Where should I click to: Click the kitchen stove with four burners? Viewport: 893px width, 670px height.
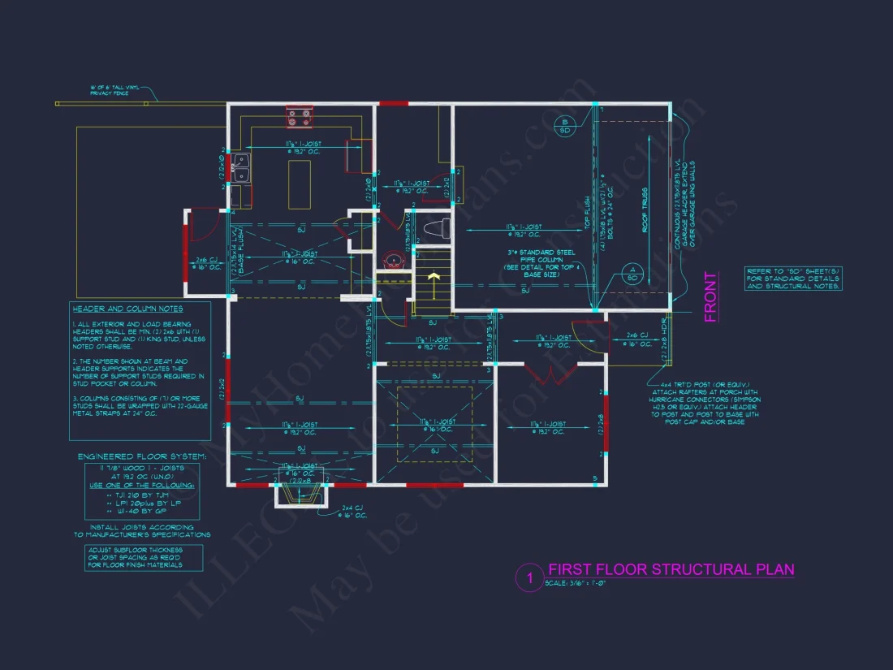point(298,119)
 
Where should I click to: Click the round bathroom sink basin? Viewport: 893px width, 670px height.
point(394,261)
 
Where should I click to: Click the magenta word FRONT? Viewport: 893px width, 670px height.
point(711,296)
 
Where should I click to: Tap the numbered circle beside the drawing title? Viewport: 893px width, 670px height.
point(529,578)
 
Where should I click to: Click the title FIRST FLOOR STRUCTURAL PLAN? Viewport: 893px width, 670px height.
point(671,569)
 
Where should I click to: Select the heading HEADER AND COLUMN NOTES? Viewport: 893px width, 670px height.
point(127,309)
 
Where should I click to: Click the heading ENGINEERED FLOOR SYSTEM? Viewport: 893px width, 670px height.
point(141,457)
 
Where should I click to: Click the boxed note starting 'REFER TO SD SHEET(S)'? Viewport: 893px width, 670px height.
point(793,279)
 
